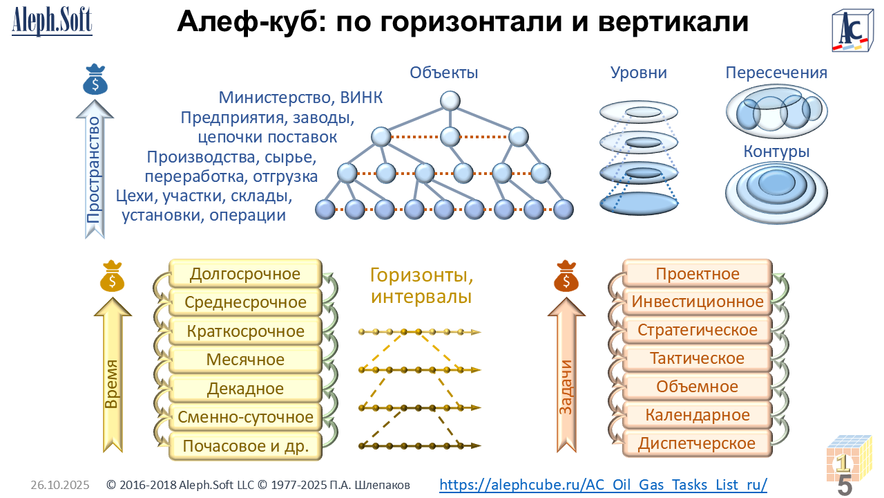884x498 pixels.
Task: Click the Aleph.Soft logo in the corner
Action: click(52, 21)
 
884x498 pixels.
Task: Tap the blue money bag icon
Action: click(95, 80)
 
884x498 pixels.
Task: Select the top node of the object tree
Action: click(450, 101)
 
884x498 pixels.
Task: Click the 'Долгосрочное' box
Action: click(245, 274)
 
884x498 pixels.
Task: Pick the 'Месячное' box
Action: click(245, 360)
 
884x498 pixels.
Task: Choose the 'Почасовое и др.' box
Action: click(245, 445)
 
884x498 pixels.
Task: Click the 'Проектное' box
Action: click(697, 274)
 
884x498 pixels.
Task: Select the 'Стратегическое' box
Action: click(697, 330)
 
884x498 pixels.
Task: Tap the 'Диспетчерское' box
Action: click(697, 443)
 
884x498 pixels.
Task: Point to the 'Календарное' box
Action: click(697, 415)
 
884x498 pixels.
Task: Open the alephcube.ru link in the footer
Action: click(603, 484)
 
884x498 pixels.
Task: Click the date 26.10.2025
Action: click(60, 486)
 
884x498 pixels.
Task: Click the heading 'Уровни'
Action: click(638, 73)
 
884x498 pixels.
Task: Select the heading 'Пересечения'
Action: click(776, 73)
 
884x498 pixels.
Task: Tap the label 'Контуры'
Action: click(776, 151)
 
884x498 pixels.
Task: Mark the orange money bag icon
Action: click(566, 277)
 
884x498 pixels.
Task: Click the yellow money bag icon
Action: click(112, 277)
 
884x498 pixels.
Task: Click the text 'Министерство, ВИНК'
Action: click(300, 98)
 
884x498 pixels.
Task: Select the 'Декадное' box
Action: click(245, 389)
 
